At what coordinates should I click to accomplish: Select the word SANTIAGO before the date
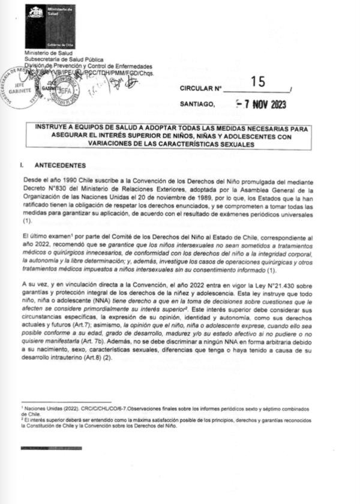(197, 104)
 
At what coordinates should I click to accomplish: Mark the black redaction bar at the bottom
(46, 448)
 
